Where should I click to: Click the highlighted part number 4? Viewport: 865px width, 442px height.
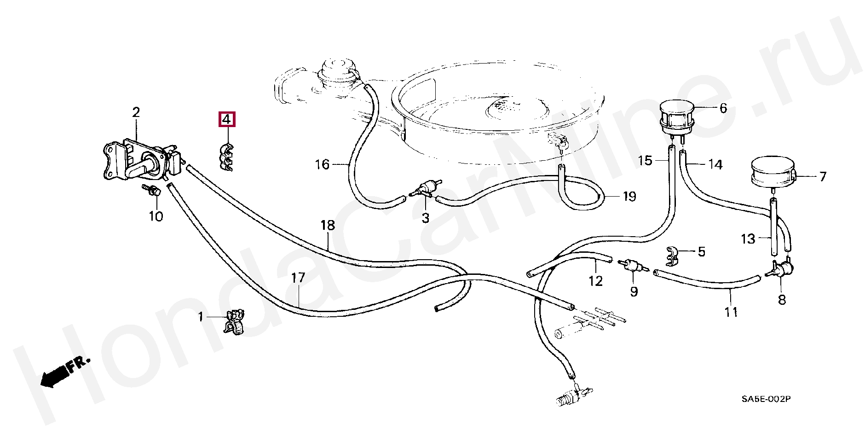226,120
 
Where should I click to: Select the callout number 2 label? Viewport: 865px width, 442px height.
136,112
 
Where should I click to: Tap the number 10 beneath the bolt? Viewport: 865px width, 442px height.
156,216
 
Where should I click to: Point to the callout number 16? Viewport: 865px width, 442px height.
322,164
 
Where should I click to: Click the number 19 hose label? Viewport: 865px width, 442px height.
629,197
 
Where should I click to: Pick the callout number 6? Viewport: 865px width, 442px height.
723,108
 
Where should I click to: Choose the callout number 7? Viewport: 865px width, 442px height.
823,176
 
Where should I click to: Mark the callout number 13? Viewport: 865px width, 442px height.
748,239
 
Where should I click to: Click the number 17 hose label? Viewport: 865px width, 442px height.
298,278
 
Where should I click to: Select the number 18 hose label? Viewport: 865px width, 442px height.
328,226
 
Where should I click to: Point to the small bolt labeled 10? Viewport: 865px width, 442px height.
153,190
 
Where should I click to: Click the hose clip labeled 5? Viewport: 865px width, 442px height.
674,257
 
